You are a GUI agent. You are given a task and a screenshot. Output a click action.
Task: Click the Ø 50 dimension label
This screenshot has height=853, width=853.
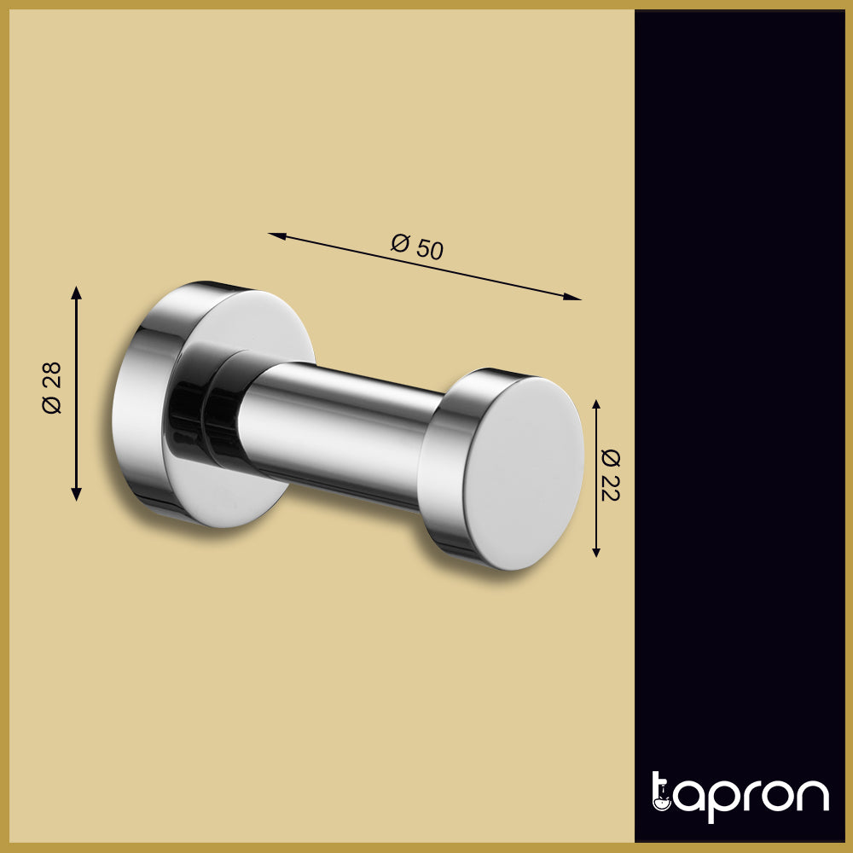[x=418, y=247]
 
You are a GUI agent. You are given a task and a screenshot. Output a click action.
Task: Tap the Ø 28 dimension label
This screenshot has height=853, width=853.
[x=52, y=388]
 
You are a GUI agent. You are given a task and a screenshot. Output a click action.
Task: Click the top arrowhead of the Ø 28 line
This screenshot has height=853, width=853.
[x=77, y=293]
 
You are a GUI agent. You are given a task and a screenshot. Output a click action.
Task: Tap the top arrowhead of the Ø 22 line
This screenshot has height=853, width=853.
[x=596, y=404]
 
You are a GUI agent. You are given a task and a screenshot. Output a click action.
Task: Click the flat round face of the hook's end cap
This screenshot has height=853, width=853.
[x=525, y=472]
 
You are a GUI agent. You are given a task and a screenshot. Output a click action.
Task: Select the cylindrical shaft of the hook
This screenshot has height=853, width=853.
[x=341, y=431]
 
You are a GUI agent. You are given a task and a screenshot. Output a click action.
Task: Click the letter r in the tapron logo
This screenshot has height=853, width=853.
[x=748, y=795]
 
